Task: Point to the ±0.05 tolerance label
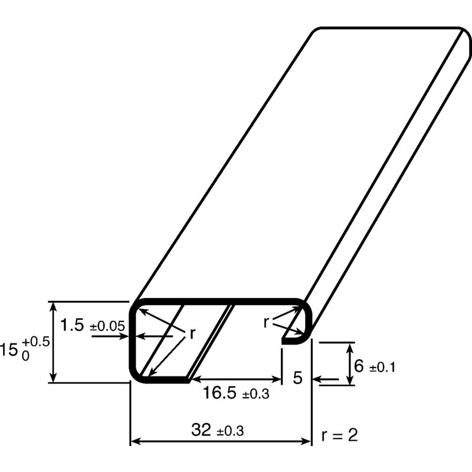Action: click(x=107, y=326)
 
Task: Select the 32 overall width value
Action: click(x=202, y=430)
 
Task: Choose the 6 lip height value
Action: click(x=359, y=366)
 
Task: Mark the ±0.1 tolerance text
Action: click(x=382, y=368)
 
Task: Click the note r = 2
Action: click(x=339, y=436)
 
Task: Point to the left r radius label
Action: click(x=192, y=334)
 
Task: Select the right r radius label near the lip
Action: click(x=266, y=322)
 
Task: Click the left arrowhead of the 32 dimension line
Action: click(x=133, y=441)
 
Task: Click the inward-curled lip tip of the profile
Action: click(x=285, y=339)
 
